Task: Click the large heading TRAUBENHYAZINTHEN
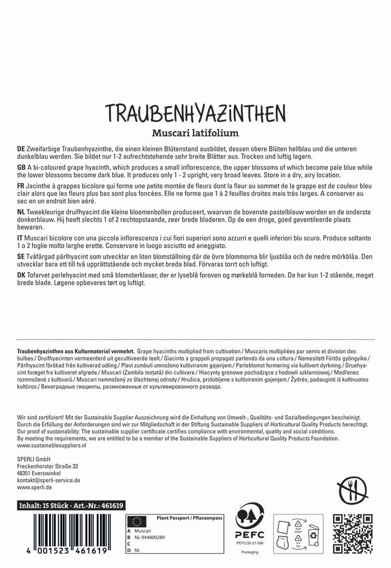[195, 113]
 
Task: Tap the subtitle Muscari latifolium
[195, 132]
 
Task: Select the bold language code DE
[21, 150]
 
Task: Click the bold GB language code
[21, 167]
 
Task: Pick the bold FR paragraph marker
[21, 186]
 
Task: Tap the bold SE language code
[21, 257]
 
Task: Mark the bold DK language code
[21, 275]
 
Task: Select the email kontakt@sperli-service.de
[48, 480]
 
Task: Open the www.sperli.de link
[34, 487]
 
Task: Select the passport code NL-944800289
[150, 537]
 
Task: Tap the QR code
[353, 534]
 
